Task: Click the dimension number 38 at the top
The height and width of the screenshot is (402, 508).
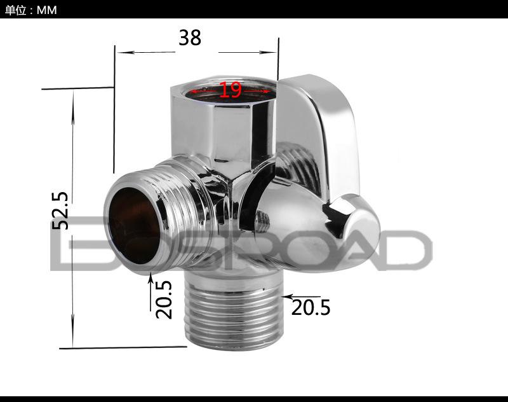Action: click(190, 38)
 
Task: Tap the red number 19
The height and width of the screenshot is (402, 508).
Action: click(231, 90)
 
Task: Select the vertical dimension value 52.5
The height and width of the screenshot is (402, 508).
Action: click(60, 211)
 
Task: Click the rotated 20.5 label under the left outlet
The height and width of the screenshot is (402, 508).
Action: click(164, 300)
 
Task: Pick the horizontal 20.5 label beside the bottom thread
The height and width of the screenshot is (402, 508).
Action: click(311, 308)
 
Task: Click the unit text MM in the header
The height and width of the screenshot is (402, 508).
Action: click(46, 10)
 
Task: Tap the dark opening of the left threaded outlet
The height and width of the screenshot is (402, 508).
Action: click(133, 225)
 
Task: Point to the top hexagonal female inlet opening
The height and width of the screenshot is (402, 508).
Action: click(229, 91)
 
